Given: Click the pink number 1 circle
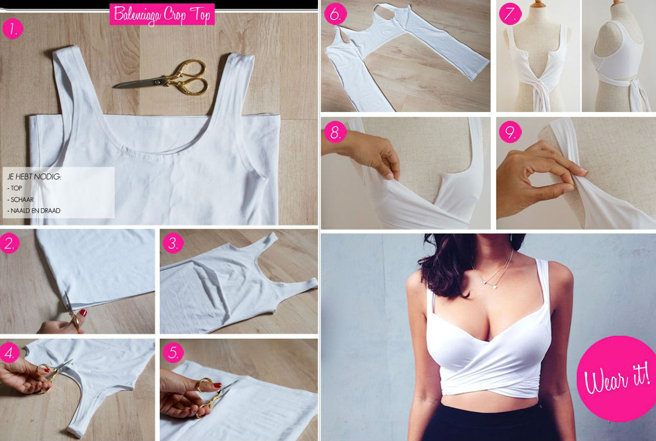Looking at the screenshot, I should click(x=13, y=29).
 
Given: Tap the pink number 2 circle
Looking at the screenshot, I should click(x=10, y=243).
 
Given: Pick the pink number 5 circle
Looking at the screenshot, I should click(x=173, y=353).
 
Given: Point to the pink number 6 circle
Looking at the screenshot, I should click(x=335, y=14).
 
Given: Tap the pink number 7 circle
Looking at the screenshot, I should click(x=510, y=14).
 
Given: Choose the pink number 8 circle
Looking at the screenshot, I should click(x=335, y=133).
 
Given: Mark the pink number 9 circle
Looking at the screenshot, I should click(x=510, y=133).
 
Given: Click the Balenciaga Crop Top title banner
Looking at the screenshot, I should click(x=162, y=14).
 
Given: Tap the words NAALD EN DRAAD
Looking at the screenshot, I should click(x=34, y=211).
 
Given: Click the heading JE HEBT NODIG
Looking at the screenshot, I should click(x=34, y=176).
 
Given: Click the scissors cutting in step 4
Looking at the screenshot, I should click(x=51, y=374).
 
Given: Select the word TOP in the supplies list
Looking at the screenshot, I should click(x=16, y=188).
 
